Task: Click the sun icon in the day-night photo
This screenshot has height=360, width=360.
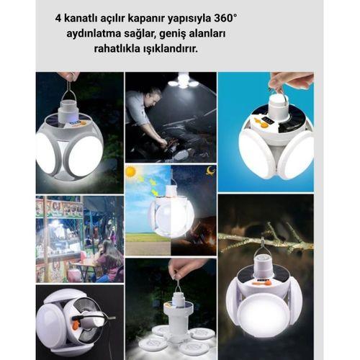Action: point(131,172)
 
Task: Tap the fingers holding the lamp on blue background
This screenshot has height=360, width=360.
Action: point(288,80)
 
